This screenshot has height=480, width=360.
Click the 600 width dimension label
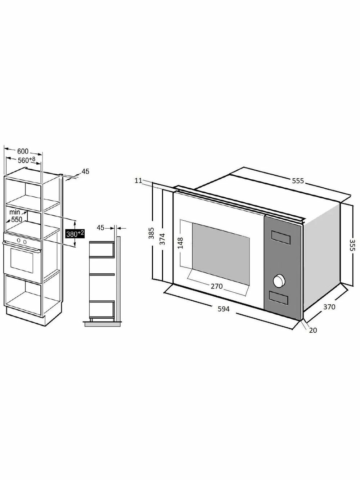[23, 151]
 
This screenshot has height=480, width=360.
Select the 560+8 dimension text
[26, 160]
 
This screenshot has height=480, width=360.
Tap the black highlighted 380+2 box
[75, 234]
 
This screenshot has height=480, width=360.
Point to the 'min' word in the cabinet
[15, 212]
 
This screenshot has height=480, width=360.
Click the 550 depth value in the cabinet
[17, 219]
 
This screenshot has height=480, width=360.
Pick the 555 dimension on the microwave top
[298, 181]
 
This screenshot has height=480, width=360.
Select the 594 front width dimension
[224, 309]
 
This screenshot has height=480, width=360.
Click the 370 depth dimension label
[329, 307]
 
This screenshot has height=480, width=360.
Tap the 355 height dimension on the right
[352, 245]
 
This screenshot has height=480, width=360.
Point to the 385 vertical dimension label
[151, 233]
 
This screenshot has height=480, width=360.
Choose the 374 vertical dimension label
[162, 239]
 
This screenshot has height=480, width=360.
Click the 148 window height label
[181, 243]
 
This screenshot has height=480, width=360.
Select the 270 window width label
[217, 286]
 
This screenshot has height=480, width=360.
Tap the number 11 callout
[138, 181]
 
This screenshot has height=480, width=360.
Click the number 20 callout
[313, 330]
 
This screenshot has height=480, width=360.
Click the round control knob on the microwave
[279, 281]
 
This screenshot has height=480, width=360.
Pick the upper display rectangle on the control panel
[281, 237]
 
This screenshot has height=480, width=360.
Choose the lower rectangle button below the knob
[278, 298]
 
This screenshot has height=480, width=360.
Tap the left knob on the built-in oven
[19, 241]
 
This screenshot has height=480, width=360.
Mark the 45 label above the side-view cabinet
[100, 228]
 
